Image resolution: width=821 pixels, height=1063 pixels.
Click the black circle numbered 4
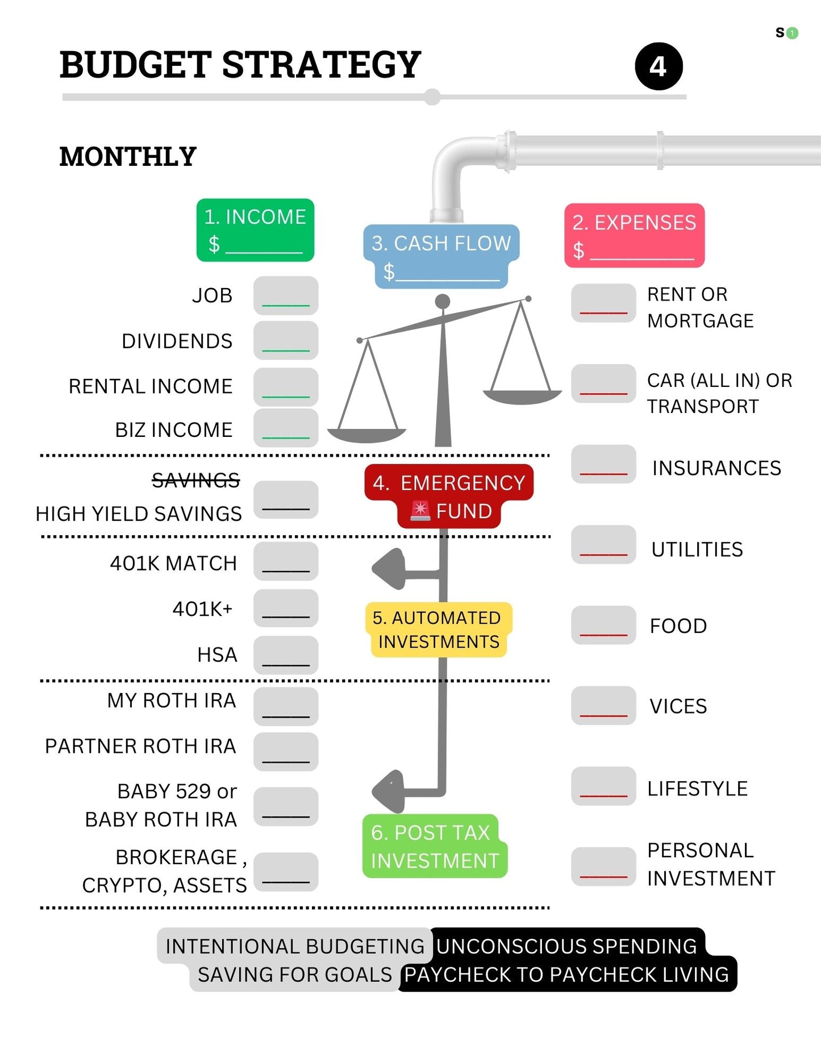tap(659, 66)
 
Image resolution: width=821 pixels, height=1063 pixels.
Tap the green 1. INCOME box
tap(255, 230)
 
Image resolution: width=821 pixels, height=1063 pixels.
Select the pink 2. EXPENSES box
tap(634, 235)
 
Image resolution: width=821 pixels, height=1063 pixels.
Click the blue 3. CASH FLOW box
tap(441, 256)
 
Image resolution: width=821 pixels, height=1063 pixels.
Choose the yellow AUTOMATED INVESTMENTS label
tap(438, 630)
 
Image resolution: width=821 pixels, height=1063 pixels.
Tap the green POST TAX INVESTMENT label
tap(434, 846)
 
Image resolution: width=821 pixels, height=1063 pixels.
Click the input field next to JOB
tap(286, 295)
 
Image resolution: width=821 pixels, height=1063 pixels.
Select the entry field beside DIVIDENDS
tap(286, 340)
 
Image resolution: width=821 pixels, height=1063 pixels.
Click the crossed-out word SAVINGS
tap(195, 481)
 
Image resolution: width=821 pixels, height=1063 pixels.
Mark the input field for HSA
tap(286, 655)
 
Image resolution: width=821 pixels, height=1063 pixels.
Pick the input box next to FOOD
tap(603, 625)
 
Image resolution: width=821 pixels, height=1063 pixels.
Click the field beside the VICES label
tap(603, 706)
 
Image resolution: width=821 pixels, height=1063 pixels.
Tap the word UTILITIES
tap(697, 549)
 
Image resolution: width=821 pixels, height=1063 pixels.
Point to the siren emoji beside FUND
tap(420, 511)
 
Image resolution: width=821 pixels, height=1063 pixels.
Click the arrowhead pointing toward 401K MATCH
tap(390, 568)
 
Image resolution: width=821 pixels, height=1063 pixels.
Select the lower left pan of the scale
tap(366, 435)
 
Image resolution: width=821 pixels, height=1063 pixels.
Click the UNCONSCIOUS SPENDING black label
tap(566, 946)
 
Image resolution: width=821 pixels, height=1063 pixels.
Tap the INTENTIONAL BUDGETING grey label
tap(294, 946)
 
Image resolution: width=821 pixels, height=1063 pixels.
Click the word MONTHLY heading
tap(128, 157)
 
